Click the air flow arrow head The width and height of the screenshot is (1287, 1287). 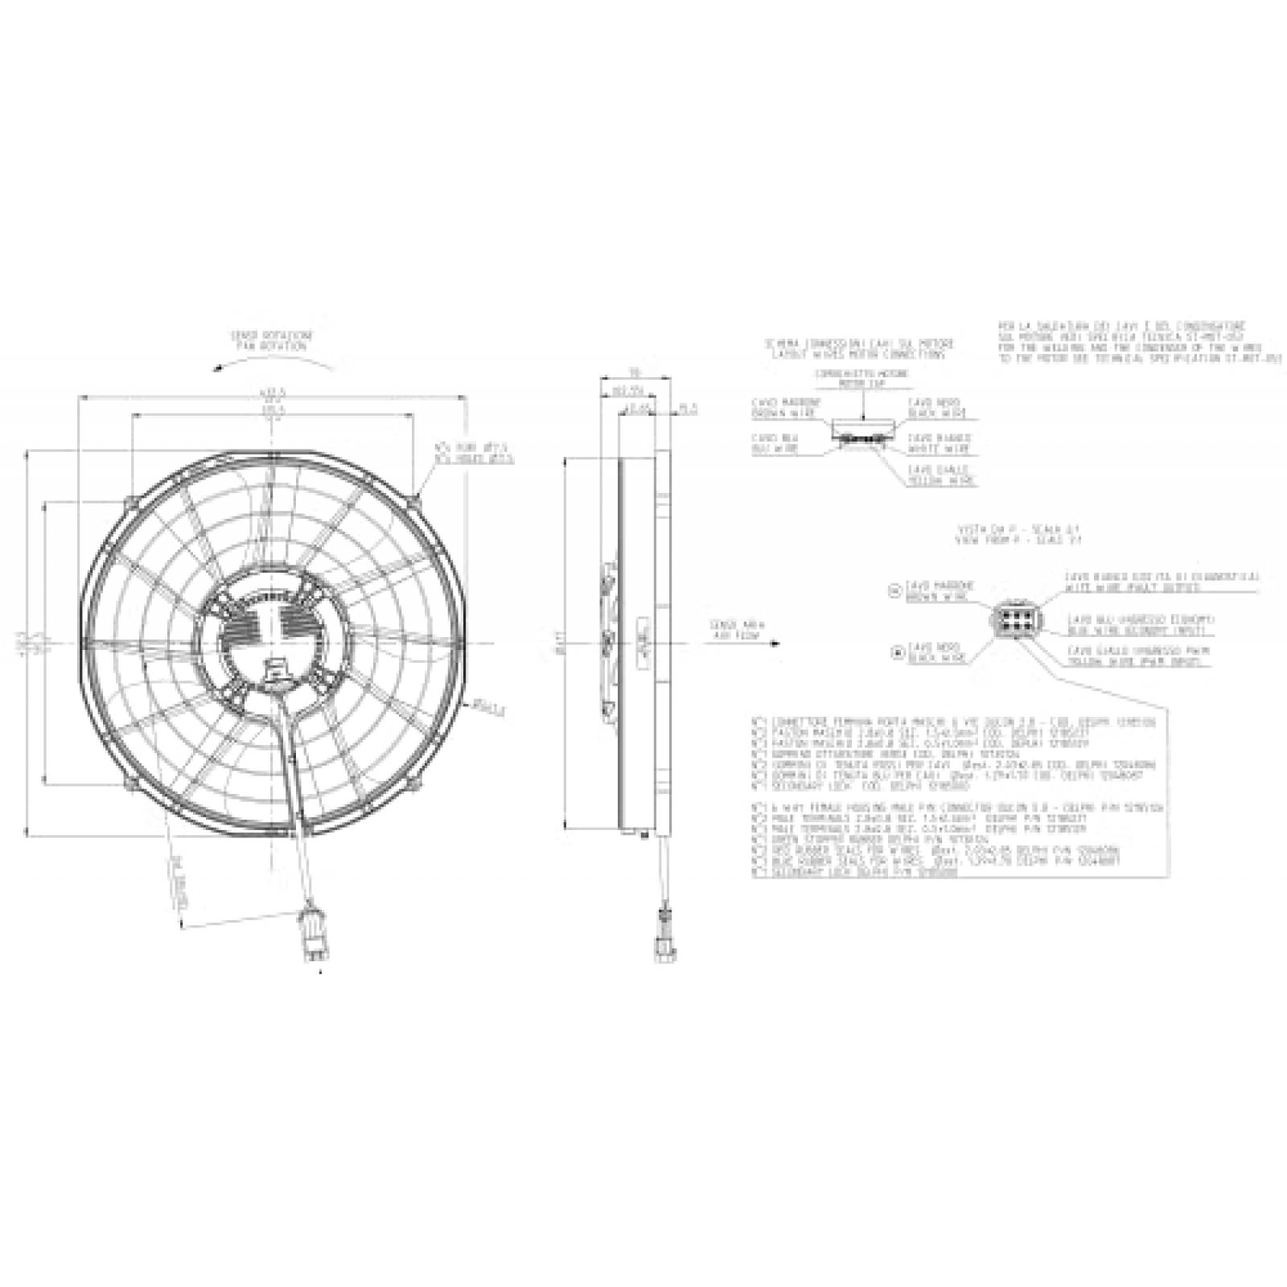point(775,643)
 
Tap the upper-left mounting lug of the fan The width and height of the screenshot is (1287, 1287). point(129,503)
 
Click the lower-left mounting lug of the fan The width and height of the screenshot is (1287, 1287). point(128,783)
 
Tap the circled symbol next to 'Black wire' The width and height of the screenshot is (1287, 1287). point(897,653)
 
